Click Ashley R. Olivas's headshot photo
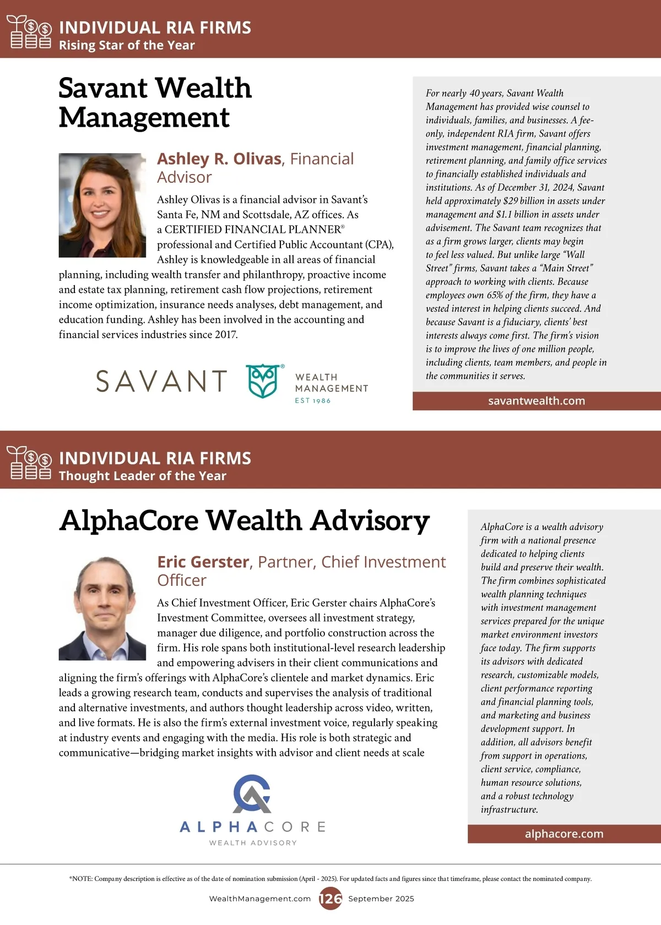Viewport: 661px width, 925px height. tap(102, 205)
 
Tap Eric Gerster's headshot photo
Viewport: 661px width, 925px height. tap(102, 608)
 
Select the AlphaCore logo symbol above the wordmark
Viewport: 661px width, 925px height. tap(252, 794)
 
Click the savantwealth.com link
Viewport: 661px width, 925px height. tap(537, 401)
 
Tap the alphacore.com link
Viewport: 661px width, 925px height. tap(564, 834)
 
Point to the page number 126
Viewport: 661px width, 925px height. tap(330, 899)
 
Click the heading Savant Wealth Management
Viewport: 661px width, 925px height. tap(155, 102)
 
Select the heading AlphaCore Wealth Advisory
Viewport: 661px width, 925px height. tap(245, 521)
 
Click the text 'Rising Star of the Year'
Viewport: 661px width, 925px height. tap(127, 45)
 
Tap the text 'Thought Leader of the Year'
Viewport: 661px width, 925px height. tap(142, 476)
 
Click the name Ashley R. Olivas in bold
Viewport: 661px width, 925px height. tap(219, 159)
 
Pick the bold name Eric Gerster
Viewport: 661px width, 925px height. tap(203, 562)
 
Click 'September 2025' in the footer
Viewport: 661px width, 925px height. tap(381, 899)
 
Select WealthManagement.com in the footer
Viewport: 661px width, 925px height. tap(260, 899)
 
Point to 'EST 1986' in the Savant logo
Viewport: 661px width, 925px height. tap(312, 401)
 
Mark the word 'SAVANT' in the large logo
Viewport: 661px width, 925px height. tap(161, 381)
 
